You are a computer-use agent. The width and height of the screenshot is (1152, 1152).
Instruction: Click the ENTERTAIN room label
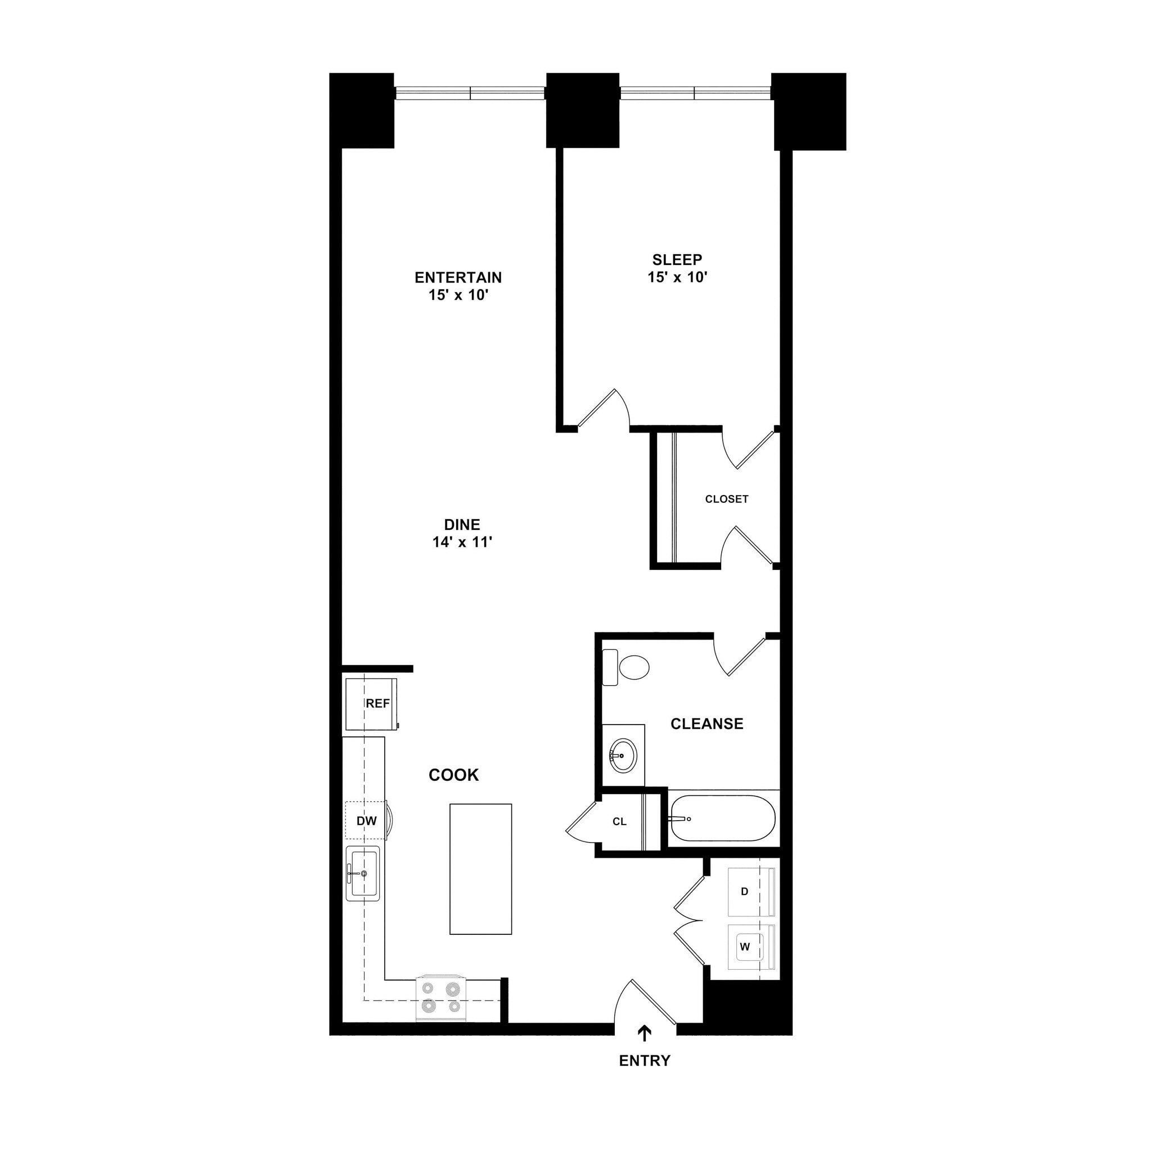tap(458, 277)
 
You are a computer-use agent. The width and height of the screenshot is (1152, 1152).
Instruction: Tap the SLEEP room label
tap(677, 259)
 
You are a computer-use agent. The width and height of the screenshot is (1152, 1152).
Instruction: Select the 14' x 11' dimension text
tap(462, 542)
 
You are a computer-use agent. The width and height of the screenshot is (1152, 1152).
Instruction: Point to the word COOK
tap(454, 775)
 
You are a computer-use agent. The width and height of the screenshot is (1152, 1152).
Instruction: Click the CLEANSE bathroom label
tap(706, 724)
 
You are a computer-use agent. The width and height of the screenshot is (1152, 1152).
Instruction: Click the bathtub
tap(722, 818)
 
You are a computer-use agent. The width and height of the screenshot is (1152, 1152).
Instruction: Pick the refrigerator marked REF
tap(371, 704)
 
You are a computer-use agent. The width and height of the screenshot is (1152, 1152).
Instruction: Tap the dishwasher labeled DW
tap(366, 821)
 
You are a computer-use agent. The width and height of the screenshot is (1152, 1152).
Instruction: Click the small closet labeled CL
tap(619, 822)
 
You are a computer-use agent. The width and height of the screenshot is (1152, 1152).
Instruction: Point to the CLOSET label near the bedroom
tap(726, 499)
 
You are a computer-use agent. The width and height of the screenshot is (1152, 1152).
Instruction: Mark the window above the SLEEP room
tap(695, 93)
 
